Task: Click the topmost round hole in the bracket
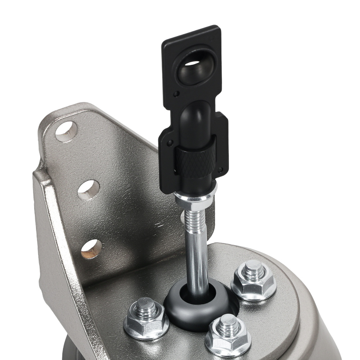(66, 131)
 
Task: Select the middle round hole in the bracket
(89, 189)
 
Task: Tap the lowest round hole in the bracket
(91, 248)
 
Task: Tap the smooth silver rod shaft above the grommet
(197, 259)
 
